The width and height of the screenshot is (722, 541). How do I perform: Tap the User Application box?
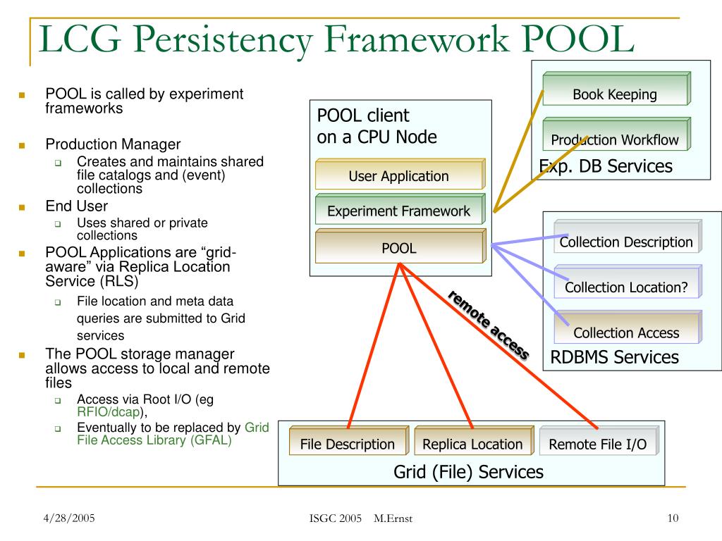398,175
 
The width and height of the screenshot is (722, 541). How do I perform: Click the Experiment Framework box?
398,210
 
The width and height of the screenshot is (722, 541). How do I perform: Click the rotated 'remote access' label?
488,325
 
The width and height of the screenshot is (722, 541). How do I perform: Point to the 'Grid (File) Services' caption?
468,471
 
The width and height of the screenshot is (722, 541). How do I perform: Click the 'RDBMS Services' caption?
614,357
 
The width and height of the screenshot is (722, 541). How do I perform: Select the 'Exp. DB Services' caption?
606,166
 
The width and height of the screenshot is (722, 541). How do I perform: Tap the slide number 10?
672,519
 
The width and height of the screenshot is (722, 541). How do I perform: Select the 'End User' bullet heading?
77,206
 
